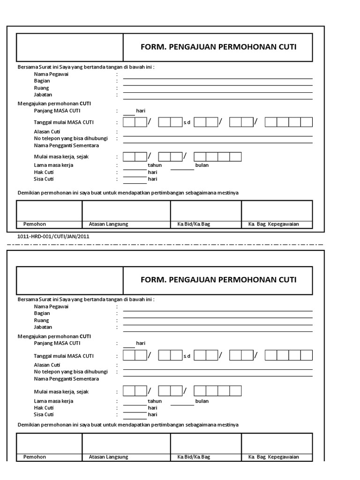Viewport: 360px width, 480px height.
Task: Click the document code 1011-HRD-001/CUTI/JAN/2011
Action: [x=52, y=236]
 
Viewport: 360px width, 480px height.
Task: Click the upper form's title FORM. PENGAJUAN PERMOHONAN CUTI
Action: [x=218, y=47]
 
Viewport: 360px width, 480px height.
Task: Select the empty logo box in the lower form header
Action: [x=70, y=280]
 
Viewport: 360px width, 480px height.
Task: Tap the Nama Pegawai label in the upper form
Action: [x=51, y=74]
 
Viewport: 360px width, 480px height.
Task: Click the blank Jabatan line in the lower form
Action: [x=218, y=331]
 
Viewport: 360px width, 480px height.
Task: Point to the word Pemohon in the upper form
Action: [x=35, y=224]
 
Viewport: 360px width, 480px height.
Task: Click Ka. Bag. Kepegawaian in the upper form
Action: [x=274, y=224]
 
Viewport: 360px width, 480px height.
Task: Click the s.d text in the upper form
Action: [x=187, y=123]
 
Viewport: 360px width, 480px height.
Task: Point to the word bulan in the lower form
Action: [x=202, y=401]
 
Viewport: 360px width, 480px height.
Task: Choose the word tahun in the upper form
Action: [x=155, y=165]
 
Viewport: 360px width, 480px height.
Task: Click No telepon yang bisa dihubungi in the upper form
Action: [x=71, y=139]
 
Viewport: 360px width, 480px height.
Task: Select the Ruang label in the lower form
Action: [x=41, y=320]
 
